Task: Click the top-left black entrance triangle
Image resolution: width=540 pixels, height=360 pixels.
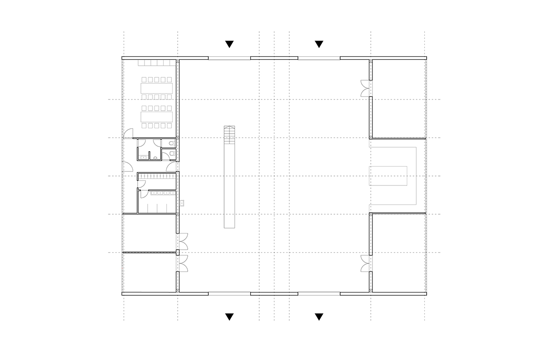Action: pyautogui.click(x=229, y=44)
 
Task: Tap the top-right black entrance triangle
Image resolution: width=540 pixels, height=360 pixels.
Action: pyautogui.click(x=319, y=44)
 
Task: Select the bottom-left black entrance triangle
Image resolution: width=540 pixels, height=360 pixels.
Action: pyautogui.click(x=229, y=316)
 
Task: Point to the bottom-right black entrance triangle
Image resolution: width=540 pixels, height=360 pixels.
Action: pyautogui.click(x=319, y=316)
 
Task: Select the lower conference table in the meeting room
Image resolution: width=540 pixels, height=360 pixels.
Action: pyautogui.click(x=157, y=116)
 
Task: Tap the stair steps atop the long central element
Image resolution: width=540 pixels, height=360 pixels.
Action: pyautogui.click(x=229, y=135)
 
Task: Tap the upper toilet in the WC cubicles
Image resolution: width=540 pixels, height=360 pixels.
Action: pyautogui.click(x=171, y=144)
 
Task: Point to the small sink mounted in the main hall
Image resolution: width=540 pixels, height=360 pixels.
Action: pyautogui.click(x=182, y=203)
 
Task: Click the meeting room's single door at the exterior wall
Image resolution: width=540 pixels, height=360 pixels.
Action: pyautogui.click(x=128, y=133)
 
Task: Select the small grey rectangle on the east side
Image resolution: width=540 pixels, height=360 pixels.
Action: pyautogui.click(x=388, y=176)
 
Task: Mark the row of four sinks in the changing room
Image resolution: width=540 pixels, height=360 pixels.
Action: pyautogui.click(x=162, y=193)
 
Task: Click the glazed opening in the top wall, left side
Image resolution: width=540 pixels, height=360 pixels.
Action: pyautogui.click(x=229, y=58)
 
